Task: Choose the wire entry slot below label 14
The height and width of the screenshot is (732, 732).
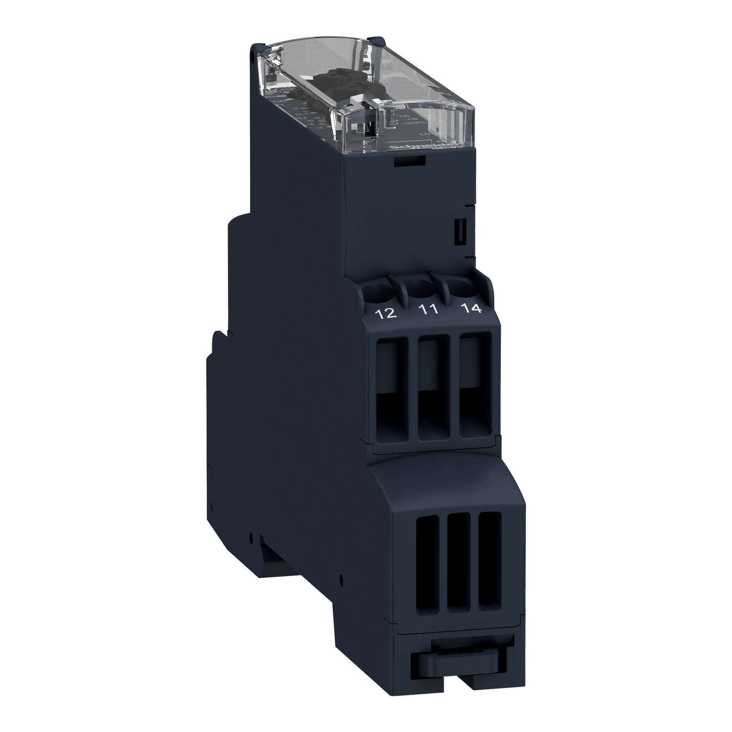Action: [x=472, y=381]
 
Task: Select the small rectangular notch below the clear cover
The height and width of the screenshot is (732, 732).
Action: [x=409, y=162]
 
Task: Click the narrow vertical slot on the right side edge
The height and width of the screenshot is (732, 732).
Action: [x=459, y=231]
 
